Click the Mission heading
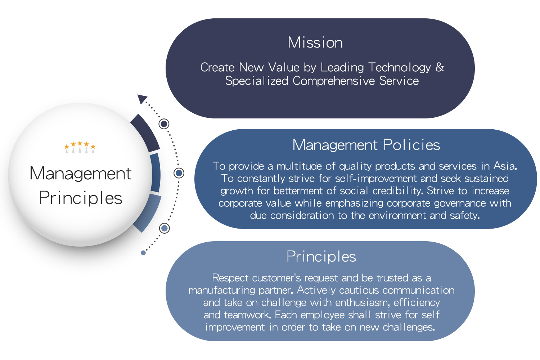(x=315, y=42)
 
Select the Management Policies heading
(x=366, y=145)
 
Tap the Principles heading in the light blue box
(x=321, y=257)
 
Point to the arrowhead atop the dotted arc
(x=142, y=99)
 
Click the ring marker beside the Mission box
(x=164, y=124)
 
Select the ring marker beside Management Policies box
(x=179, y=173)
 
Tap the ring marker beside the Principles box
(x=165, y=228)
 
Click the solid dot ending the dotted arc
(x=143, y=253)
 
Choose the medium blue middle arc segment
(x=156, y=173)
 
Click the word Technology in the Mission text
(x=400, y=68)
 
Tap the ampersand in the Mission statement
(x=440, y=67)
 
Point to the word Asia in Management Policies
(x=505, y=166)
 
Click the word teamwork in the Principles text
(x=248, y=315)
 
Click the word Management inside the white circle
(x=81, y=174)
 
